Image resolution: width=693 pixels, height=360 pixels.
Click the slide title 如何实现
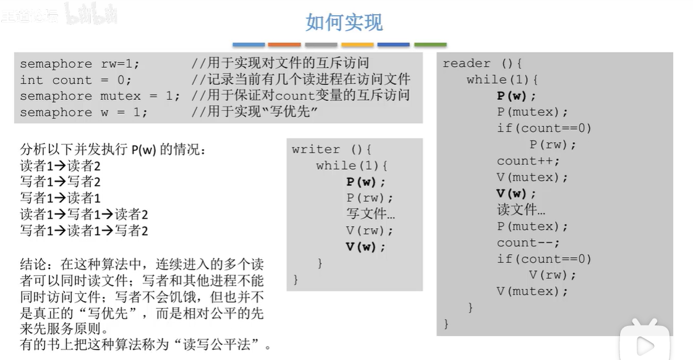[x=344, y=22]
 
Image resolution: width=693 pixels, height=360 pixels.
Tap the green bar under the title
[x=430, y=45]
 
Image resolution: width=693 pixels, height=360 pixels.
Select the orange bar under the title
[x=284, y=45]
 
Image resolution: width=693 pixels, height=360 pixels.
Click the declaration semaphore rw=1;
[x=80, y=64]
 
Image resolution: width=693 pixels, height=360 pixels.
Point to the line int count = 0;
[x=75, y=80]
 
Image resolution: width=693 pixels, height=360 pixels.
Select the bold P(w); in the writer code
[x=365, y=182]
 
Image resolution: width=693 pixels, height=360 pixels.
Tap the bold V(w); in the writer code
[x=365, y=247]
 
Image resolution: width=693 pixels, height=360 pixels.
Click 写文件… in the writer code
[x=370, y=214]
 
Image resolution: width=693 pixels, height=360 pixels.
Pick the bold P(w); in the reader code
[x=516, y=96]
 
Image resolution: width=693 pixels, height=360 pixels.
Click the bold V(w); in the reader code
[x=516, y=194]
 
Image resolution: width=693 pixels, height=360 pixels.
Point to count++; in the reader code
[x=528, y=161]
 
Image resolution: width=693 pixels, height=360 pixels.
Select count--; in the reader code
[x=528, y=242]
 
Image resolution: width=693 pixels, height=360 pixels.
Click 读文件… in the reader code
[x=521, y=210]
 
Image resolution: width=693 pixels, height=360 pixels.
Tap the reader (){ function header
[x=483, y=63]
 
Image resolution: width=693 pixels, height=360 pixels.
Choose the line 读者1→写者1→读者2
[x=84, y=215]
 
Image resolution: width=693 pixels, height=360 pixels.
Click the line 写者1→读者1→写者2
[x=84, y=231]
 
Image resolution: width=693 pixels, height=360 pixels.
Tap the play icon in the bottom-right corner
[x=645, y=344]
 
